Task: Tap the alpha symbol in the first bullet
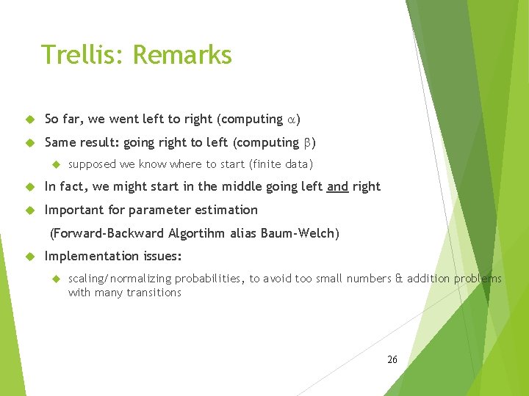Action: pyautogui.click(x=292, y=120)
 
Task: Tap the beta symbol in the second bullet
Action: pyautogui.click(x=307, y=143)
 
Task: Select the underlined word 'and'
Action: pyautogui.click(x=337, y=187)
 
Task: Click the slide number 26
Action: pyautogui.click(x=392, y=359)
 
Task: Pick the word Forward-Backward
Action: pyautogui.click(x=109, y=234)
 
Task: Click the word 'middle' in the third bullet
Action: pyautogui.click(x=226, y=187)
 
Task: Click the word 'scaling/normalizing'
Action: pyautogui.click(x=118, y=279)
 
